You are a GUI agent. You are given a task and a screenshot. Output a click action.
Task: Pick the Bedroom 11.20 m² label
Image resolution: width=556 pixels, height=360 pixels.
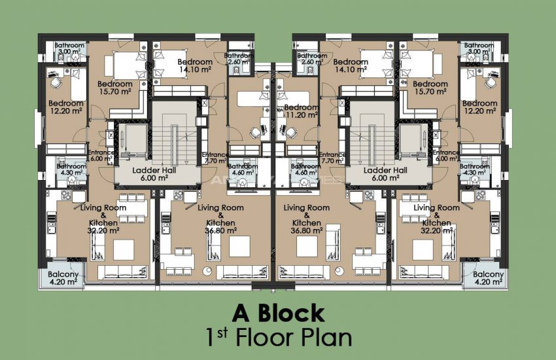[x=302, y=111]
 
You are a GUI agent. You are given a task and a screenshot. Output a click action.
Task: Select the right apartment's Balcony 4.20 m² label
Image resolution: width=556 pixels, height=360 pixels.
[x=487, y=279]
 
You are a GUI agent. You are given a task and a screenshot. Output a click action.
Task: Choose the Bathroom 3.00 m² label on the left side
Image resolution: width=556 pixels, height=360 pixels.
[x=69, y=48]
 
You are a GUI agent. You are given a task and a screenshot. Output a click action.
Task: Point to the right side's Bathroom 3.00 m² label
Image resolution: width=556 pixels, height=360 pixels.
[x=479, y=48]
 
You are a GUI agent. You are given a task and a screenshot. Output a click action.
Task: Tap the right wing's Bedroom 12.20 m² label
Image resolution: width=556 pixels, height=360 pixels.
[x=479, y=107]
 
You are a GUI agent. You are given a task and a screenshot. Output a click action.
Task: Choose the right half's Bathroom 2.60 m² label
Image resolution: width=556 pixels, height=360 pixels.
[x=311, y=60]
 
